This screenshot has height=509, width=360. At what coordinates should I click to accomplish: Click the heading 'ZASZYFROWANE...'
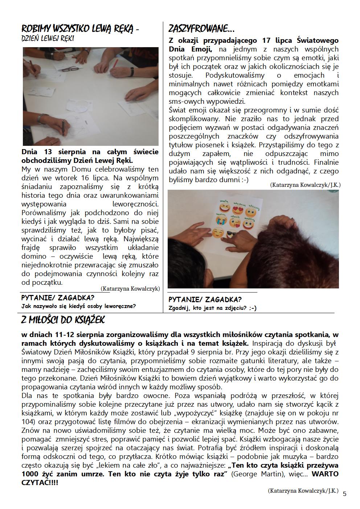click(201, 28)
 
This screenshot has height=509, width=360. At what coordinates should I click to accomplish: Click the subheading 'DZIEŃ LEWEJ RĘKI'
click(48, 38)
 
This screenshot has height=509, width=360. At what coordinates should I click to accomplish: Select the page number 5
click(344, 493)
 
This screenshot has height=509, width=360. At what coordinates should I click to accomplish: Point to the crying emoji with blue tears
click(220, 221)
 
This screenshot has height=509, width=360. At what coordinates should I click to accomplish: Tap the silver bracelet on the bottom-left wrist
click(42, 118)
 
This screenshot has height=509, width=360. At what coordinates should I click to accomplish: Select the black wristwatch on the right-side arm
click(132, 71)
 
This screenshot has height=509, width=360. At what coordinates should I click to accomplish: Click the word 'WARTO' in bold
click(325, 475)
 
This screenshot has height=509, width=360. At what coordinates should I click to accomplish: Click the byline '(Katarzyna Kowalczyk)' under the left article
click(130, 289)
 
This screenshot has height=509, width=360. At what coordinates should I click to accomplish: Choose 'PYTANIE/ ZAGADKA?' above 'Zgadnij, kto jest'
click(205, 300)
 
